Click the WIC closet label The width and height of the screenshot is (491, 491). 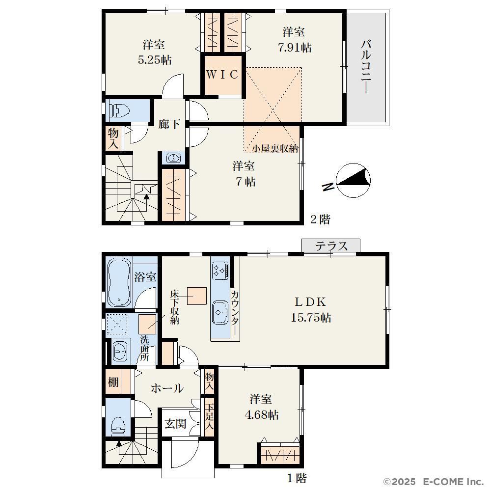(222, 75)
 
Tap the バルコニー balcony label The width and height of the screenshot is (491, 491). (366, 66)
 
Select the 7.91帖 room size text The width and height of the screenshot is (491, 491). (295, 48)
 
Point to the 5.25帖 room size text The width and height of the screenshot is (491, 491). (155, 60)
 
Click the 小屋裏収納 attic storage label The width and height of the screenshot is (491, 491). (275, 148)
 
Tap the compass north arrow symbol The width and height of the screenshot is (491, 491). (353, 181)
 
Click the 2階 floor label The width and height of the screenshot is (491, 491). (320, 219)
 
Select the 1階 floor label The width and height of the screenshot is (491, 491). (297, 478)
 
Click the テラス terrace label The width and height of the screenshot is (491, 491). (331, 246)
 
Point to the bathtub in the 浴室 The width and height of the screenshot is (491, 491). (119, 283)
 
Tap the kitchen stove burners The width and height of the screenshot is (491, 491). (219, 270)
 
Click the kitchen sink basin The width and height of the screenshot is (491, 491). (220, 312)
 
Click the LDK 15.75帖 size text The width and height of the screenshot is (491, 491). (311, 318)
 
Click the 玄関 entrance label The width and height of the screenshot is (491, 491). (176, 424)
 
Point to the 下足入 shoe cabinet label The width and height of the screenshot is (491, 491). (209, 416)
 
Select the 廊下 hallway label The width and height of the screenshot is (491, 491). (169, 124)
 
